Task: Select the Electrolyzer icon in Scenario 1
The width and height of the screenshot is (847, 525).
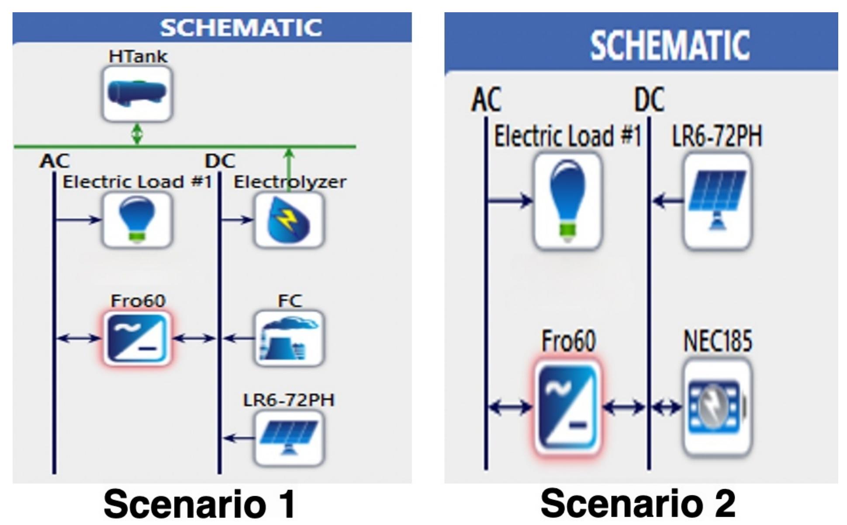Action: point(289,220)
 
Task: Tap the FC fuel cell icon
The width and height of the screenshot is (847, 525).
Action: point(289,338)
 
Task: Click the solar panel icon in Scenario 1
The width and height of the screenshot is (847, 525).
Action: point(289,438)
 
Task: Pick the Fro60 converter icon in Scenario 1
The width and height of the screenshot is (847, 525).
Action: point(137,338)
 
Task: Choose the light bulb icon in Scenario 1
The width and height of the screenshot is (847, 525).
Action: point(137,220)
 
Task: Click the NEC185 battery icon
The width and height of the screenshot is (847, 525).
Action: point(717,407)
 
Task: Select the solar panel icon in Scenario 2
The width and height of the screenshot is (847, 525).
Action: point(717,201)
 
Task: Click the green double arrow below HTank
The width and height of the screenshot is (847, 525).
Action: point(137,134)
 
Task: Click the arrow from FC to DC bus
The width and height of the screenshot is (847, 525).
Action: point(238,338)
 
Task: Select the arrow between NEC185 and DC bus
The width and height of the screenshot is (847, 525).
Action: point(667,407)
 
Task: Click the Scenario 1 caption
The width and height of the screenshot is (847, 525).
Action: point(199,504)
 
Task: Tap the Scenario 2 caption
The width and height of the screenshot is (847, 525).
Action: point(638,504)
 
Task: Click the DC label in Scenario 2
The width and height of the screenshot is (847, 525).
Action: point(649,100)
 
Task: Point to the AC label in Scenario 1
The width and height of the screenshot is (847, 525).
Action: point(54,161)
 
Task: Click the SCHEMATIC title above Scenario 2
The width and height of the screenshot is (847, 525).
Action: point(669,45)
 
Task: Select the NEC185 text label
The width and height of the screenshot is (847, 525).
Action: point(717,341)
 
